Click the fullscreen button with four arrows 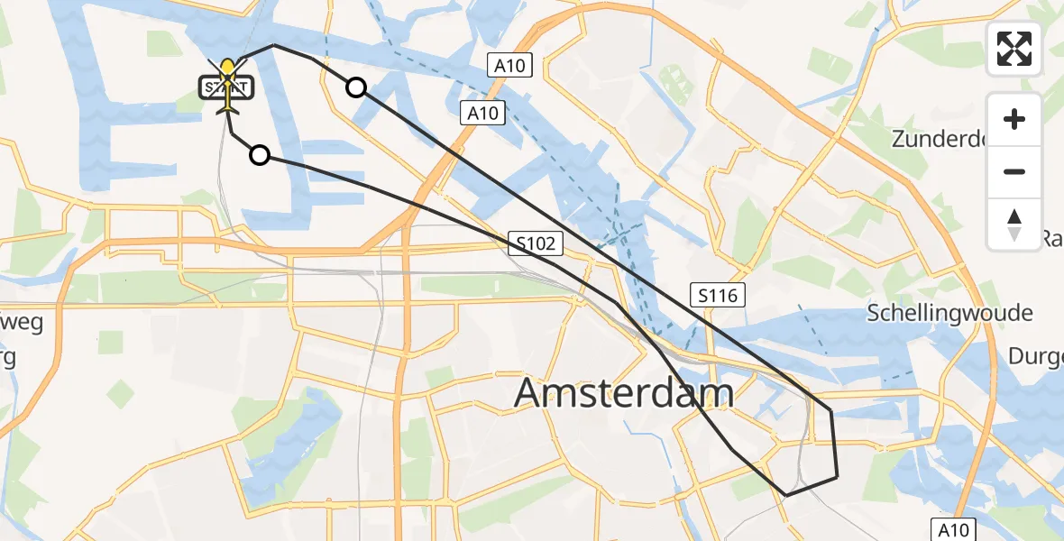(1014, 49)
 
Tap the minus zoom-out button (1014, 171)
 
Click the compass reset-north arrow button (1014, 224)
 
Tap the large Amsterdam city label (624, 393)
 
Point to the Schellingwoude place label (949, 313)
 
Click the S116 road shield (718, 294)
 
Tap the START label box (226, 87)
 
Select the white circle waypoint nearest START (260, 155)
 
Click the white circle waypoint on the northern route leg (356, 87)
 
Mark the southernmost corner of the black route (785, 495)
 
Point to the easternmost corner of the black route (838, 475)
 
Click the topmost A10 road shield (512, 65)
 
